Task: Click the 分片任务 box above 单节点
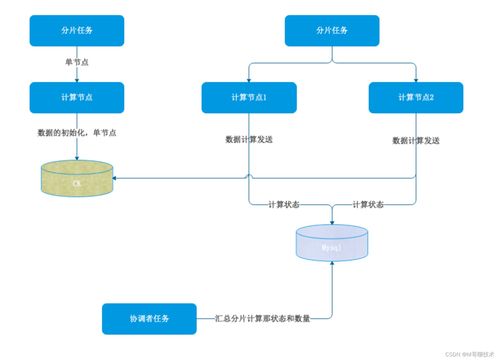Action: (77, 31)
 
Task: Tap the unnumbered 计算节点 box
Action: (77, 97)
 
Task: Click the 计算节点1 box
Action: (249, 97)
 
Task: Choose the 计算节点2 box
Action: (416, 97)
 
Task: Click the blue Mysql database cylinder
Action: (332, 242)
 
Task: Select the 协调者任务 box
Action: (148, 318)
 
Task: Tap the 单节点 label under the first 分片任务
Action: (76, 63)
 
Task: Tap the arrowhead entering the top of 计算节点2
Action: (416, 79)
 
